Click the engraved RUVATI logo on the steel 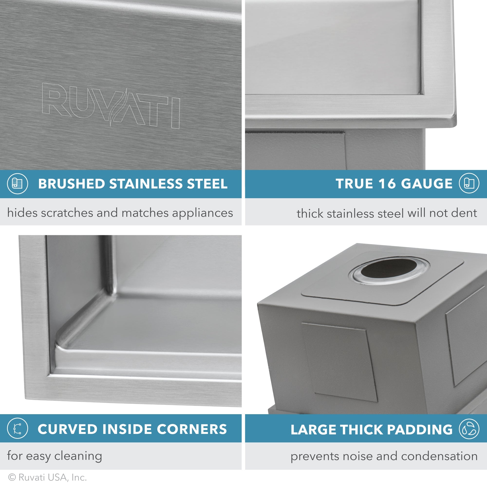pyautogui.click(x=111, y=106)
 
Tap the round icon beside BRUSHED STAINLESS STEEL pyautogui.click(x=17, y=184)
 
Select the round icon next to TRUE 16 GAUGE pyautogui.click(x=469, y=183)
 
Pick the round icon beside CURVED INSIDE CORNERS pyautogui.click(x=17, y=429)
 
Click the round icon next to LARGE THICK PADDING pyautogui.click(x=469, y=429)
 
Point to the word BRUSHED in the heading pyautogui.click(x=71, y=184)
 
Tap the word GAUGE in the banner pyautogui.click(x=427, y=184)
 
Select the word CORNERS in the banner pyautogui.click(x=192, y=429)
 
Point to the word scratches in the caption pyautogui.click(x=67, y=213)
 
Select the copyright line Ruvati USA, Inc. pyautogui.click(x=47, y=478)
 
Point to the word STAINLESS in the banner pyautogui.click(x=145, y=184)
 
